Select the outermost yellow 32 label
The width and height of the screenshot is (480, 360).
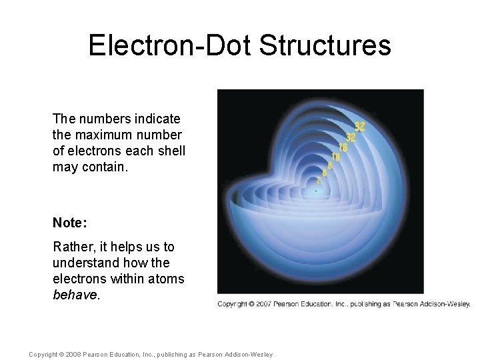pos(359,126)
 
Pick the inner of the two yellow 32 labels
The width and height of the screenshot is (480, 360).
pos(351,137)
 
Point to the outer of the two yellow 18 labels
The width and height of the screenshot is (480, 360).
pos(343,147)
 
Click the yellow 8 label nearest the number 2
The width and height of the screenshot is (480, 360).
pos(325,172)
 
